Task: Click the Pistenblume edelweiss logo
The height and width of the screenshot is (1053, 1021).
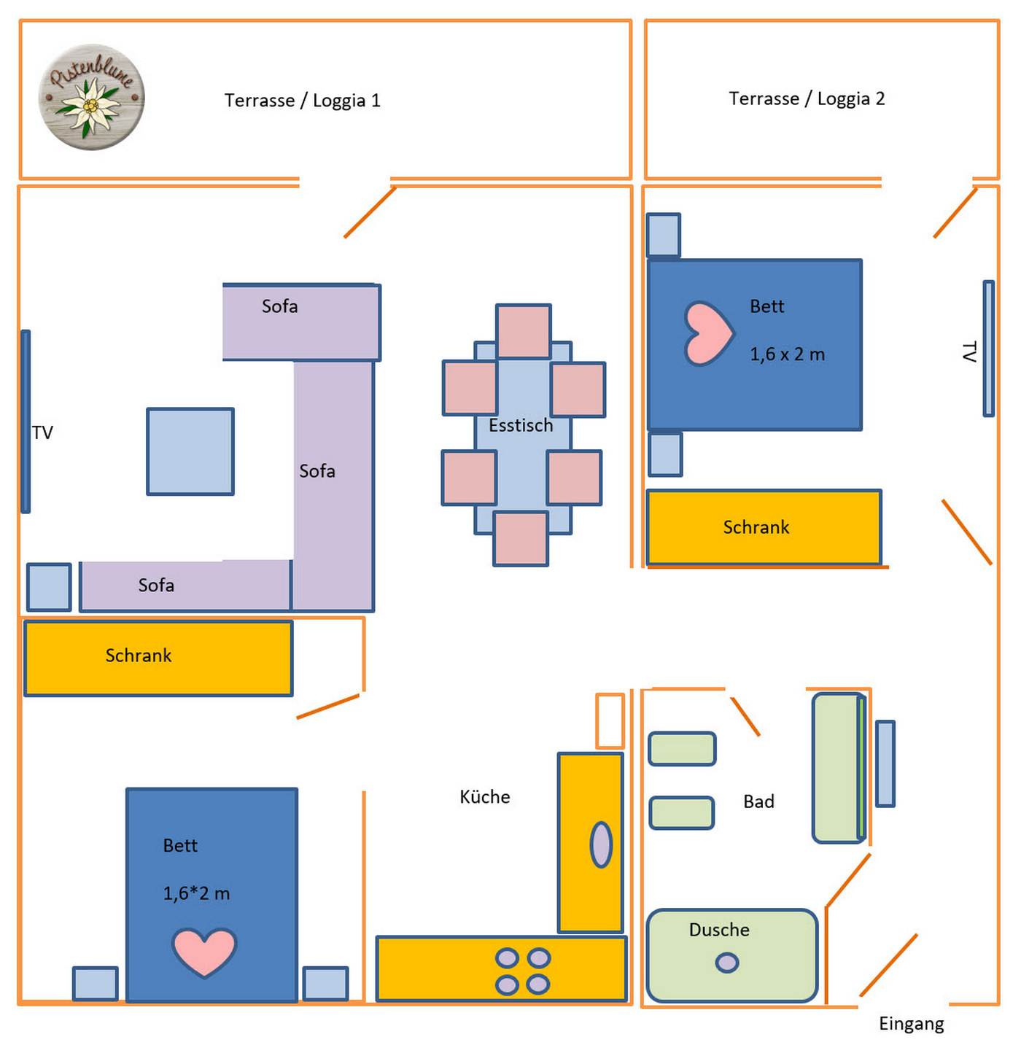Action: [x=91, y=97]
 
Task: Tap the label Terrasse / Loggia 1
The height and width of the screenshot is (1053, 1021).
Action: [x=302, y=101]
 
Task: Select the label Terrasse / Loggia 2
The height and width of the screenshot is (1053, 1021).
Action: [x=807, y=98]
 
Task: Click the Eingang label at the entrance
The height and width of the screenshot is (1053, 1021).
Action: [x=911, y=1024]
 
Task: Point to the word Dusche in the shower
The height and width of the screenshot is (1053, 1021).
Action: [x=719, y=930]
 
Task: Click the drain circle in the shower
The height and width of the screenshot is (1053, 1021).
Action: [x=726, y=963]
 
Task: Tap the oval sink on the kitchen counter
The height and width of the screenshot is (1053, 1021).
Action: [x=601, y=844]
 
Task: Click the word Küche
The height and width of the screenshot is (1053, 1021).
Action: [x=484, y=797]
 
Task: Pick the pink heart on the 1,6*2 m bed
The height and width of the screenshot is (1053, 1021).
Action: [x=204, y=951]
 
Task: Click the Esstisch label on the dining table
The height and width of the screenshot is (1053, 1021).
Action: [x=521, y=425]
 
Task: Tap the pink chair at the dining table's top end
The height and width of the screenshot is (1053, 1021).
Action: [x=523, y=332]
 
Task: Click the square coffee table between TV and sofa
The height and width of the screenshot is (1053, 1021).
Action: [x=190, y=451]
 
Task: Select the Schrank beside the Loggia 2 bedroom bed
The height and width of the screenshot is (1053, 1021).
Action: [x=763, y=527]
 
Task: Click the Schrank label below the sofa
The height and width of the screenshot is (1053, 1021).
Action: [x=139, y=656]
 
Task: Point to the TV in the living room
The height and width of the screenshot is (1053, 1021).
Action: [x=26, y=421]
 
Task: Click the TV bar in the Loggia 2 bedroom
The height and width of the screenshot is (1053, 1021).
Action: [x=988, y=349]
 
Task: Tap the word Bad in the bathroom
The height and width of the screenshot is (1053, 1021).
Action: [x=758, y=801]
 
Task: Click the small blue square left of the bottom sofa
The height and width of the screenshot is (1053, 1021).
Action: [x=49, y=587]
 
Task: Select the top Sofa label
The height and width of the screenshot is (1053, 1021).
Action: [x=280, y=306]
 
